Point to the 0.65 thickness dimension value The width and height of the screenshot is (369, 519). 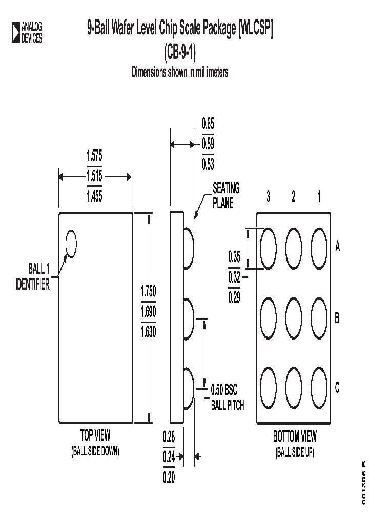pos(208,124)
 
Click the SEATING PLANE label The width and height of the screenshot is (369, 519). pos(226,195)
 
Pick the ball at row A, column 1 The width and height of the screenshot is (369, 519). pos(319,248)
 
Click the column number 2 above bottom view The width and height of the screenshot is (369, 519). pos(294,197)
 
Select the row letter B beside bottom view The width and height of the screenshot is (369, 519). pos(337,318)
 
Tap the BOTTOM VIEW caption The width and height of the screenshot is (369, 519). pos(295,437)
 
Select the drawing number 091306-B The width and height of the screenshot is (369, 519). pos(363,482)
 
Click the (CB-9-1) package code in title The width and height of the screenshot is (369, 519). pos(180,52)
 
